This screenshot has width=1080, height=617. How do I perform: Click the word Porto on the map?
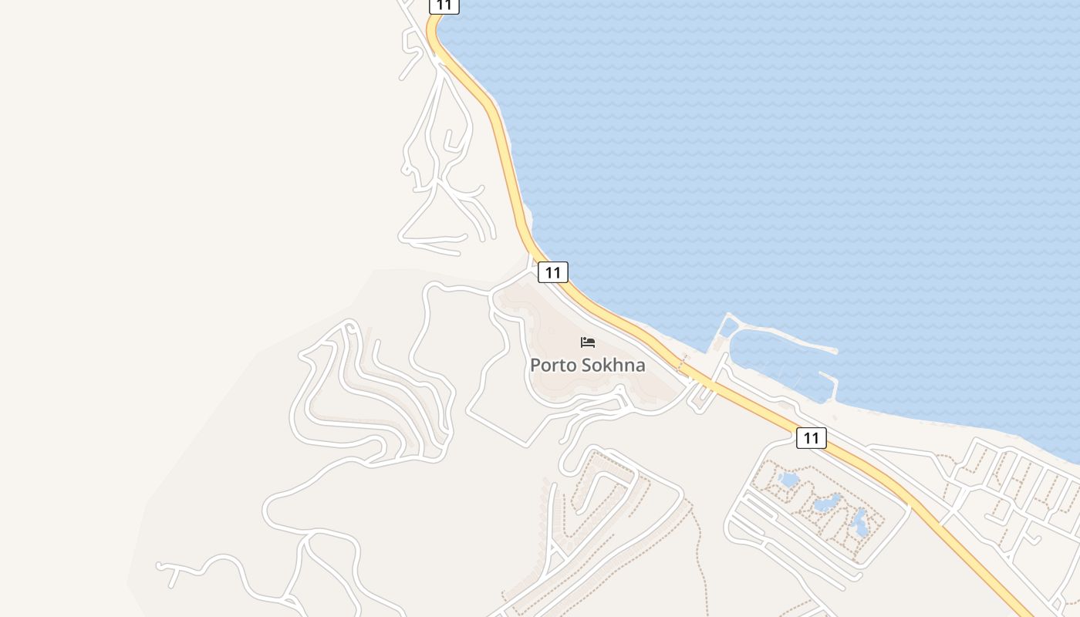click(552, 365)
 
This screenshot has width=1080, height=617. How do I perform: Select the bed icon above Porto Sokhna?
click(588, 342)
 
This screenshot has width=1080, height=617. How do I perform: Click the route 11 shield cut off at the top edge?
click(444, 5)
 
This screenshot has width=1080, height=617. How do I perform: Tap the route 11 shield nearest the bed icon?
click(552, 271)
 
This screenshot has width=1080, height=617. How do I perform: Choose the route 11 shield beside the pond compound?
click(811, 438)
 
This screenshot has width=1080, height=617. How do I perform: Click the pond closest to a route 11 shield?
click(788, 480)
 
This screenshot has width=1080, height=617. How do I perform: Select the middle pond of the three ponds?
click(826, 503)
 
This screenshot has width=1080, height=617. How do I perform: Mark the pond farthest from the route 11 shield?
click(859, 524)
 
